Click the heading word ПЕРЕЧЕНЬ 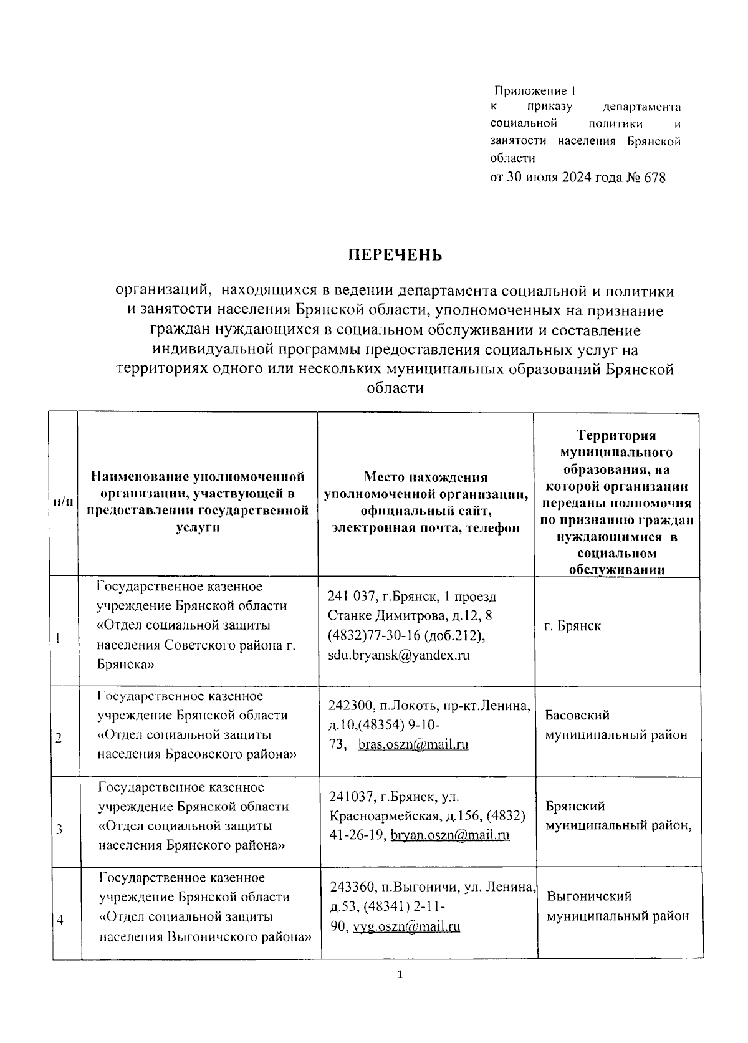tap(395, 256)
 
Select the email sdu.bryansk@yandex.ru tap(399, 655)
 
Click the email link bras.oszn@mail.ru tap(413, 744)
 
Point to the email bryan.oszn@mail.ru tap(450, 835)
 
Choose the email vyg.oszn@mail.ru tap(406, 926)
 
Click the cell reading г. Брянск tap(572, 626)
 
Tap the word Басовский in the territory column tap(577, 715)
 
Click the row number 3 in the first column tap(59, 829)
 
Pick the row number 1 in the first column tap(58, 638)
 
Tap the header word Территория tap(616, 435)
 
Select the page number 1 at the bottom tap(400, 975)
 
